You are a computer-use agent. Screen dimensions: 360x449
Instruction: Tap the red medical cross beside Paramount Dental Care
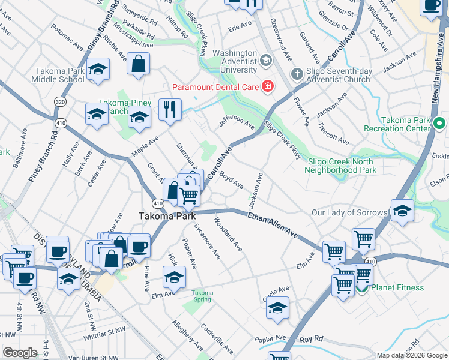pos(268,87)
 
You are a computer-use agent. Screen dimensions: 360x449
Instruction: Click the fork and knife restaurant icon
pos(170,109)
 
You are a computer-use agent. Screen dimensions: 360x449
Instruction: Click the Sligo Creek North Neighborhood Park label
pos(342,166)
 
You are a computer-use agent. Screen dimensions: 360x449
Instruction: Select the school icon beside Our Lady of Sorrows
pos(402,211)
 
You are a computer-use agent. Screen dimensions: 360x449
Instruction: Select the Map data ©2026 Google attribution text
pos(412,355)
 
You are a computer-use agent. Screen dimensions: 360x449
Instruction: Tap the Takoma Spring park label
pos(202,296)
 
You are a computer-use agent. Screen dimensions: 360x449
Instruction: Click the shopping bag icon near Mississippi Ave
pos(139,64)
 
